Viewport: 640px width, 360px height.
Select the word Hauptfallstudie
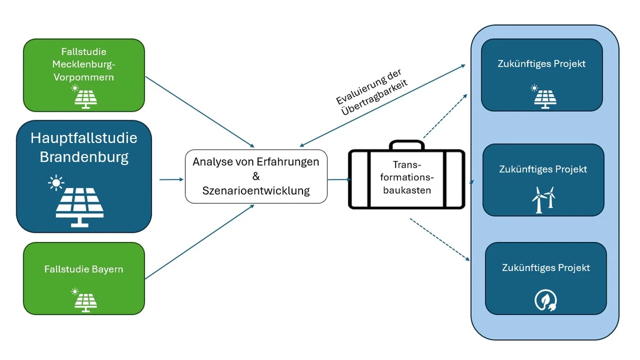point(84,138)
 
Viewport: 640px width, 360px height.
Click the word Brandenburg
point(84,157)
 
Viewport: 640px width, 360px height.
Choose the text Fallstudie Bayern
point(84,269)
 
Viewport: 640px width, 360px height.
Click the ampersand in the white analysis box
point(256,176)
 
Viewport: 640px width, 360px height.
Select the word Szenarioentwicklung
point(256,190)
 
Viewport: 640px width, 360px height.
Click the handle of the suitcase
point(407,144)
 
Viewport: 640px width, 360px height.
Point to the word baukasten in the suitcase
point(407,190)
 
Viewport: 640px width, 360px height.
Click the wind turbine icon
point(543,199)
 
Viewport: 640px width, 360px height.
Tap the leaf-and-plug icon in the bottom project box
point(546,300)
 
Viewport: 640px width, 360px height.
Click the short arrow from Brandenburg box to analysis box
point(171,180)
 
